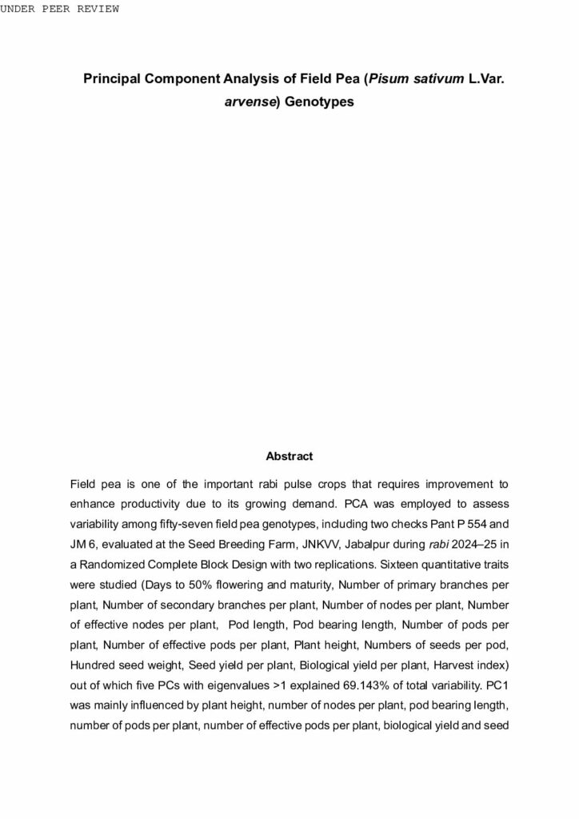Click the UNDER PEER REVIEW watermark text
coord(60,9)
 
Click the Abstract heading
coord(289,456)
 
